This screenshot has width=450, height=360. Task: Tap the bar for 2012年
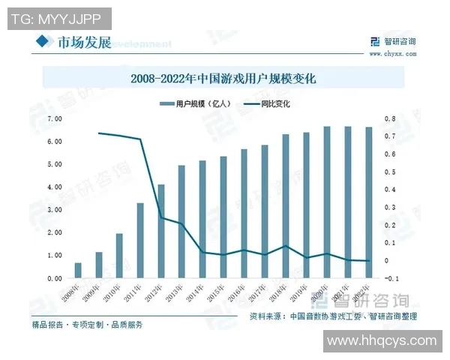click(161, 231)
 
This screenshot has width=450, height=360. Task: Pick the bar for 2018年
click(286, 206)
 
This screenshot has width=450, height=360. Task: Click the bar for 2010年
click(119, 256)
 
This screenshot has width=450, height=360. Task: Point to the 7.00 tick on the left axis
click(53, 118)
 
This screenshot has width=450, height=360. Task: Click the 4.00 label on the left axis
click(53, 187)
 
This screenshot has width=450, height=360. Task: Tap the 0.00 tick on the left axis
click(53, 278)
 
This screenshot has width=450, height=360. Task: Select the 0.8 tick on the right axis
click(389, 118)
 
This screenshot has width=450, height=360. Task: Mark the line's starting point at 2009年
click(99, 133)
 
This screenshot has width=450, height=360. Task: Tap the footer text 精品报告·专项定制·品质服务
click(87, 325)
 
